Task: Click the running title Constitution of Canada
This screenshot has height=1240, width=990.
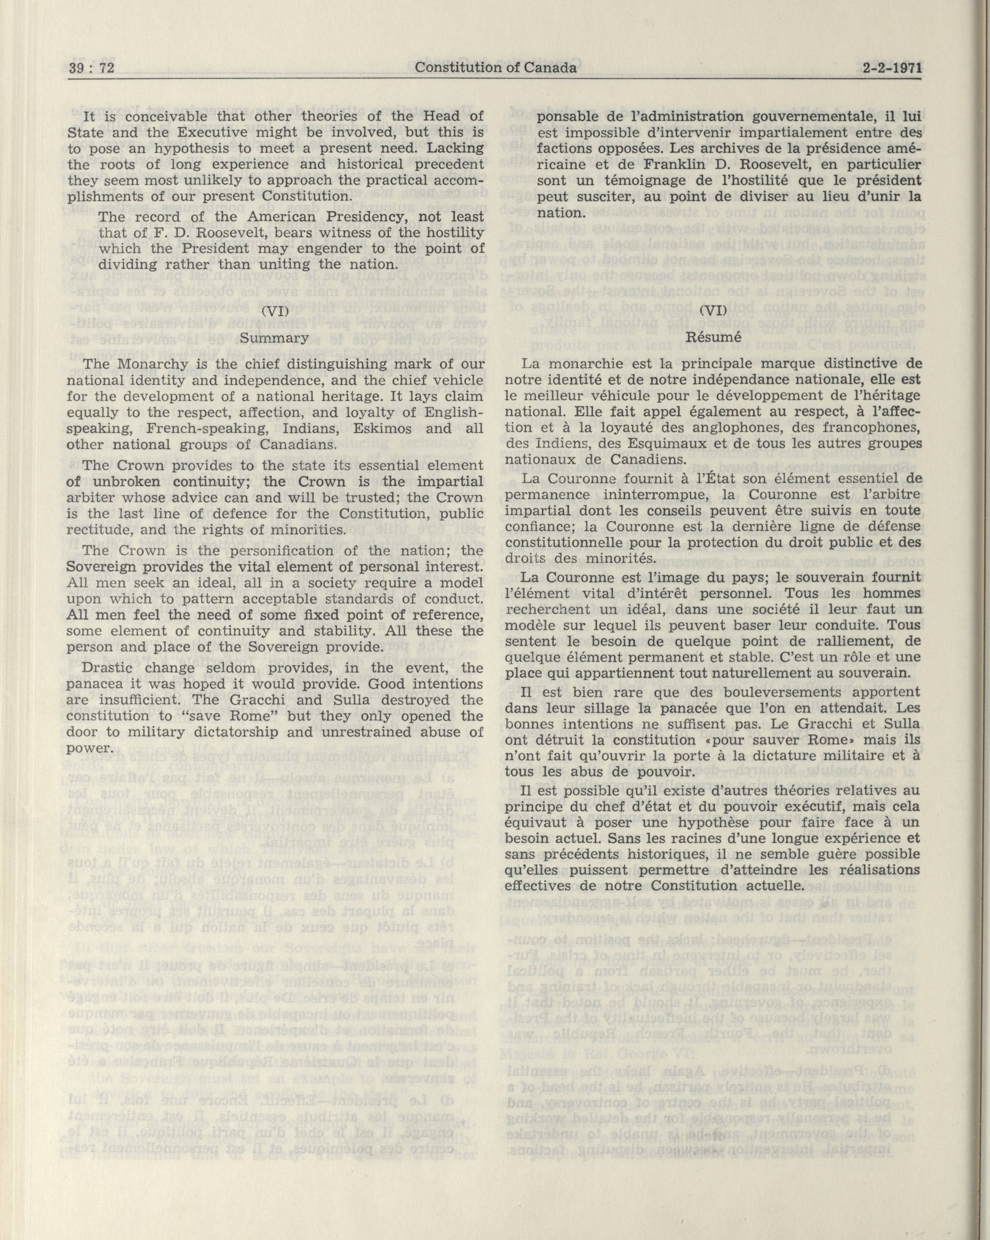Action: tap(495, 68)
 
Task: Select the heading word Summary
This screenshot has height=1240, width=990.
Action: tap(274, 338)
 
